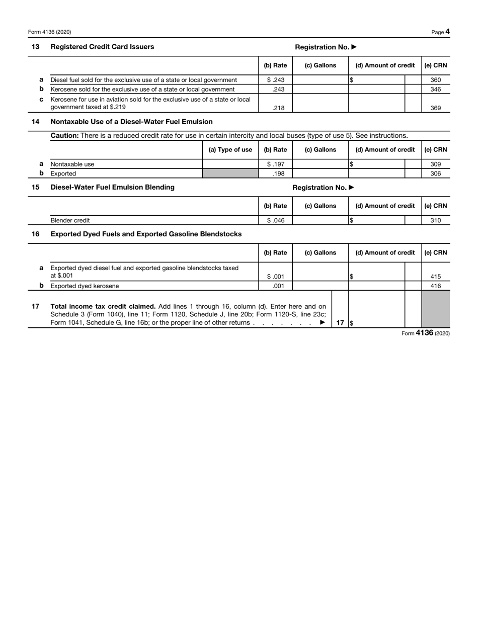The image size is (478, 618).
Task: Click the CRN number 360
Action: click(435, 80)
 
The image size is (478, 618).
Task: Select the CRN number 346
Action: click(435, 90)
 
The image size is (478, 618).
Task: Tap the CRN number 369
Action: click(435, 108)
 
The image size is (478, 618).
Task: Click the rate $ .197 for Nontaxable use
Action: click(275, 164)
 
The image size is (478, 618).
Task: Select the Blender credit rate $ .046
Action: click(275, 220)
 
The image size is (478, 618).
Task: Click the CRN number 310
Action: click(435, 220)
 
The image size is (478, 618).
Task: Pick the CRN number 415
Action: click(435, 276)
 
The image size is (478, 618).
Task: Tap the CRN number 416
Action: click(435, 286)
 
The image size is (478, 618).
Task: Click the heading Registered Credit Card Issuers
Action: click(103, 47)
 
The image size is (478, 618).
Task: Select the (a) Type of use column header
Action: click(230, 150)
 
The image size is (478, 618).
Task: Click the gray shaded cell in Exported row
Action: click(230, 173)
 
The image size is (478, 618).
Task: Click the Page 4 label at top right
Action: click(440, 32)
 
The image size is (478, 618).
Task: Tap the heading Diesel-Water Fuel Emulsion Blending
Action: click(113, 187)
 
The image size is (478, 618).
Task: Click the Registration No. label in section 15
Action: click(324, 188)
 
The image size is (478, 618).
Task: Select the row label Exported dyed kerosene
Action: click(85, 286)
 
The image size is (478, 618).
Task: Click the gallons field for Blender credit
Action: click(320, 220)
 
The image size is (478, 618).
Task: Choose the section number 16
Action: click(36, 234)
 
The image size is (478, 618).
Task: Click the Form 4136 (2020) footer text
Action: click(425, 333)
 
